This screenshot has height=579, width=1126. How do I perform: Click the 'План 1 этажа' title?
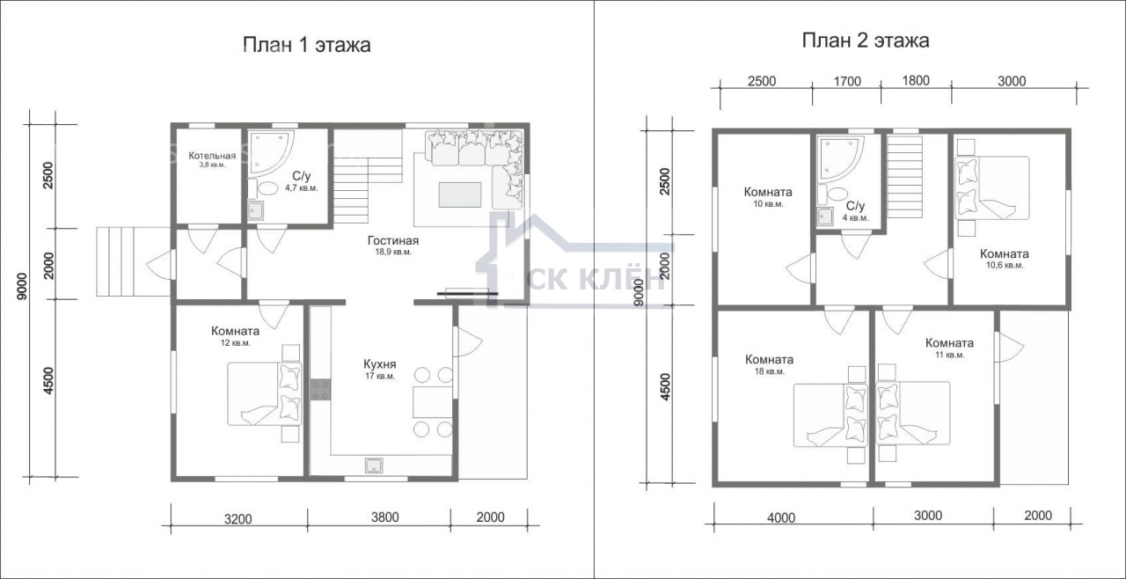[307, 45]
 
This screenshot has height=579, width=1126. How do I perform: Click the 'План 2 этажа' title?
[865, 40]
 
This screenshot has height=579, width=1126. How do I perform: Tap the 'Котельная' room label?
[212, 156]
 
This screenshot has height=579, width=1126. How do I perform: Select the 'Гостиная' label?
[393, 241]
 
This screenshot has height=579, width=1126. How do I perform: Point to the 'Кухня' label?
[379, 364]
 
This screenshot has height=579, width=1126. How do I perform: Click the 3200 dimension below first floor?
[238, 519]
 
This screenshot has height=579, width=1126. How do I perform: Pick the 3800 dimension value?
[385, 517]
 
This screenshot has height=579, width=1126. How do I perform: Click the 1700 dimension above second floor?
[847, 82]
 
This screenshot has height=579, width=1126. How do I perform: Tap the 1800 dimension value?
[916, 81]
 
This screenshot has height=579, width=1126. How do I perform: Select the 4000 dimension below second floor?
[781, 517]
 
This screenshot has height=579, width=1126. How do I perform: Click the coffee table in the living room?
[460, 194]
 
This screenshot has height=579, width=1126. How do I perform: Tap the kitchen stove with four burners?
[320, 390]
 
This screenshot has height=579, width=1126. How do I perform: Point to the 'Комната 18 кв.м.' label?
[769, 365]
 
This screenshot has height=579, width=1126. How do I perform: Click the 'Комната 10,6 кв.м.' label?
[1005, 259]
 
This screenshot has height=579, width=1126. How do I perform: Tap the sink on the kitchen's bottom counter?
[374, 465]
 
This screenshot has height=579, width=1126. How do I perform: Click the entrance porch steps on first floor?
[133, 261]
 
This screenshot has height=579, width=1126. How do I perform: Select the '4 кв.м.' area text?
[856, 218]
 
